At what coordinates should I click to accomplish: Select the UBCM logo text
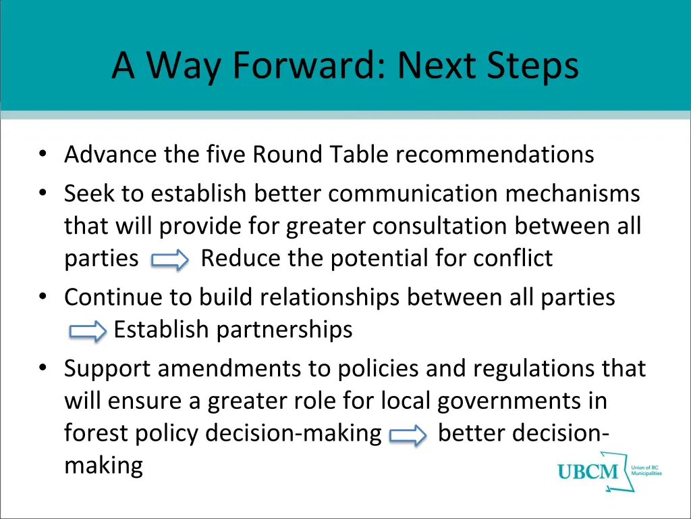pyautogui.click(x=588, y=471)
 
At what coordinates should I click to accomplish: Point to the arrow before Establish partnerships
pyautogui.click(x=88, y=331)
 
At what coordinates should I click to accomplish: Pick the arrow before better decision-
pyautogui.click(x=409, y=435)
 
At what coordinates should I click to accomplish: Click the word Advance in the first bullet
pyautogui.click(x=111, y=155)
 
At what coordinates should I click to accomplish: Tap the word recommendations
pyautogui.click(x=495, y=155)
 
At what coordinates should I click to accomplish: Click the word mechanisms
pyautogui.click(x=573, y=194)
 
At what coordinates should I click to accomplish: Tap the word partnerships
pyautogui.click(x=284, y=330)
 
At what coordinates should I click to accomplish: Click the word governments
pyautogui.click(x=512, y=401)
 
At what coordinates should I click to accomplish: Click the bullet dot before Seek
pyautogui.click(x=44, y=195)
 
